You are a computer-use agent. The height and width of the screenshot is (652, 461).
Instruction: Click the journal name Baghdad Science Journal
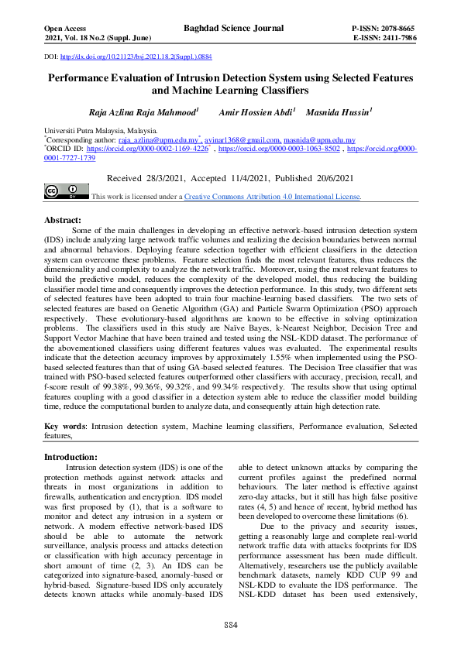[x=230, y=27]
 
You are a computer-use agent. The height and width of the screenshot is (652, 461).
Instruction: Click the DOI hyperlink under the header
[x=136, y=57]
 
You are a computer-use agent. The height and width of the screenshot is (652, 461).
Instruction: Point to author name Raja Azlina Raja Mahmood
[x=143, y=112]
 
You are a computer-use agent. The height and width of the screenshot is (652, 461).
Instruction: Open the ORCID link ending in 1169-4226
[x=147, y=149]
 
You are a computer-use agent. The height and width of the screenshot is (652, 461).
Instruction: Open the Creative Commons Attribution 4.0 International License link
[x=272, y=197]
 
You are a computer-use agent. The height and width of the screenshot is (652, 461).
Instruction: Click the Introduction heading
[x=71, y=458]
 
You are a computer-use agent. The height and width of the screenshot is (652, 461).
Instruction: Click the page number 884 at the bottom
[x=230, y=625]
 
